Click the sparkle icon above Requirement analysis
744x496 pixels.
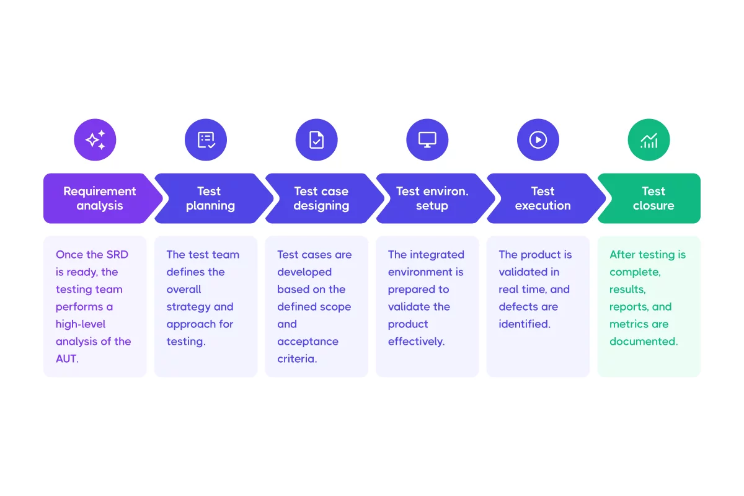95,140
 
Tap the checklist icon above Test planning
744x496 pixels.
206,140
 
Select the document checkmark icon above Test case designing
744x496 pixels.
316,140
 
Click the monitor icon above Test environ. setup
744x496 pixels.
427,140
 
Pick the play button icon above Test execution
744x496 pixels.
538,140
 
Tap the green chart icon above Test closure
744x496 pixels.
649,140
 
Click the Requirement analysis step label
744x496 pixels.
99,198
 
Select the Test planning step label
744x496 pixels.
210,198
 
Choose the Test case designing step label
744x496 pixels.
321,198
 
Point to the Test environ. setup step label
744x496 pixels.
432,198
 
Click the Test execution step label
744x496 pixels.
542,198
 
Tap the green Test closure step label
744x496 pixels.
653,198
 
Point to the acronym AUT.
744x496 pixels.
66,359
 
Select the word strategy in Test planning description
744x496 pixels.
189,307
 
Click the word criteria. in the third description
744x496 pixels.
297,359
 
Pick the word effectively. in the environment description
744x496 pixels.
416,342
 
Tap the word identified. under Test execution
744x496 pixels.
525,324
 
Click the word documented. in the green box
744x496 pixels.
644,342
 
